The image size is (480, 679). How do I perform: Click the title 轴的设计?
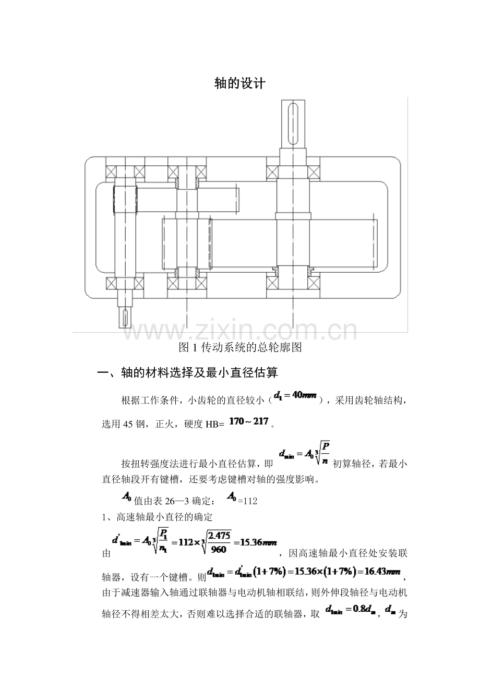tap(239, 83)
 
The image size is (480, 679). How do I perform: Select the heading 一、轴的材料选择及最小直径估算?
tap(188, 373)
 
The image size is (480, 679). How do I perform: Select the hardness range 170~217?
tap(248, 421)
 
